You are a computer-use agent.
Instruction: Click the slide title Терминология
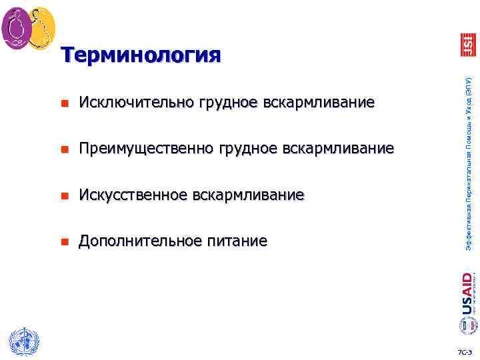(x=141, y=55)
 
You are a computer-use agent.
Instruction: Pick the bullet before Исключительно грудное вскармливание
(x=64, y=104)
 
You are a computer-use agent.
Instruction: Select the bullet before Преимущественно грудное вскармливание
(x=64, y=149)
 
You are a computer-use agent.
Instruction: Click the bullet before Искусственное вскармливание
(x=64, y=195)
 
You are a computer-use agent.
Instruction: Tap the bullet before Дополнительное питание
(x=64, y=241)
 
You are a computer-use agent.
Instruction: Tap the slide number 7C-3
(x=464, y=351)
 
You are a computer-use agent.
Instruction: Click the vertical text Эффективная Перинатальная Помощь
(x=468, y=163)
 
